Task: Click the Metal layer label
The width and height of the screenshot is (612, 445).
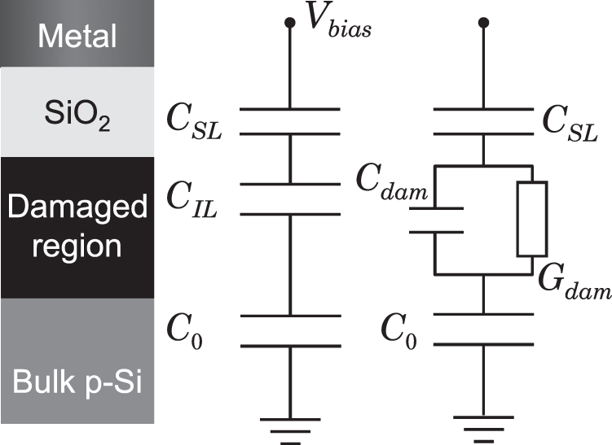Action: (77, 35)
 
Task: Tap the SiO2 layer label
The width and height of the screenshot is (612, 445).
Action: (77, 119)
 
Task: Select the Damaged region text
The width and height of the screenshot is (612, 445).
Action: (77, 226)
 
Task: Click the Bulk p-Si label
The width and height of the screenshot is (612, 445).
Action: (77, 381)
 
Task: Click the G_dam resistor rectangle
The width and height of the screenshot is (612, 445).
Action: (531, 217)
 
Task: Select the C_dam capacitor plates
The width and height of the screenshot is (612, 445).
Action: (436, 220)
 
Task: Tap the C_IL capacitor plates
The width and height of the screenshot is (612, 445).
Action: (288, 199)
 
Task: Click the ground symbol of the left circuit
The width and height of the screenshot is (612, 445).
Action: (288, 428)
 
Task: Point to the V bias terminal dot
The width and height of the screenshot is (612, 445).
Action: (288, 24)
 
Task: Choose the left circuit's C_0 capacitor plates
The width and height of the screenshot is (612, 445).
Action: (288, 330)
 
